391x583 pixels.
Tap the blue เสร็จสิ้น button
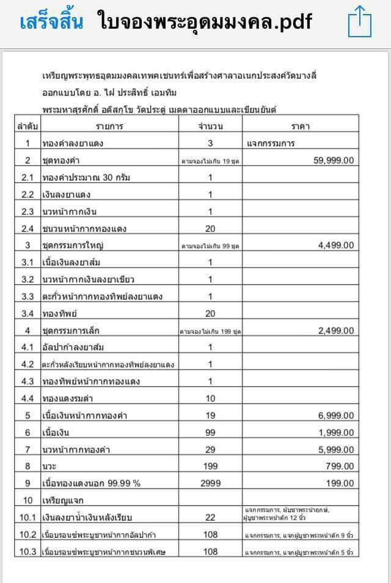click(x=51, y=23)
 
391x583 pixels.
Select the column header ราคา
click(x=301, y=126)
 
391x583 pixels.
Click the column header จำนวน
click(x=210, y=126)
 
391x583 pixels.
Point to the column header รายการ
click(x=109, y=126)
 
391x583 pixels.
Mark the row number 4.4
click(x=27, y=399)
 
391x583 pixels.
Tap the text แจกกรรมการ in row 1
click(x=271, y=143)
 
